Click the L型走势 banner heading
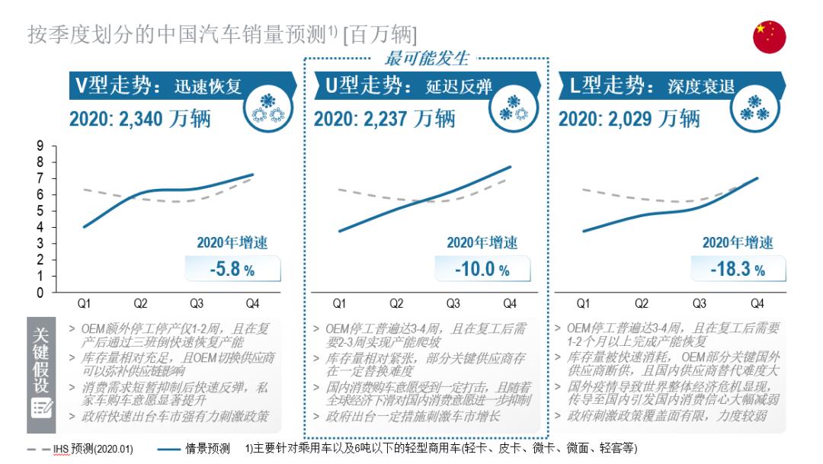coord(652,85)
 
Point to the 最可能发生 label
coord(427,58)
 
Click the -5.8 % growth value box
coord(232,270)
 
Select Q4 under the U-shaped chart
coord(510,303)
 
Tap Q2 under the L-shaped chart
coord(642,303)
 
